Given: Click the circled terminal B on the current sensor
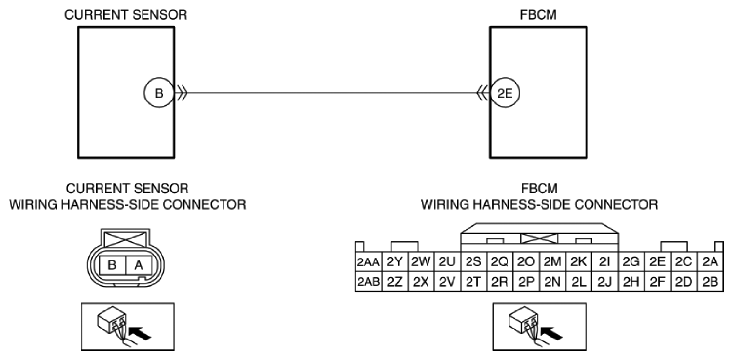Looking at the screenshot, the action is [x=159, y=93].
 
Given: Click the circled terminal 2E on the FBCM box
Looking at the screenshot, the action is [x=505, y=93].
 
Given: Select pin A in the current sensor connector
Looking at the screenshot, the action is [x=139, y=265].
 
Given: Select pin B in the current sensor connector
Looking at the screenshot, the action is [x=112, y=265].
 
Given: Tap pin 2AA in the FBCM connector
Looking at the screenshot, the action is [x=369, y=262].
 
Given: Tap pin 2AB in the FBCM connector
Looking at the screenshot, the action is [x=369, y=282].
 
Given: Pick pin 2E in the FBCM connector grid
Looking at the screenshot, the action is [x=657, y=262].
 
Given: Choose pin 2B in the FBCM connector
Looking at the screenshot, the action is [x=711, y=282].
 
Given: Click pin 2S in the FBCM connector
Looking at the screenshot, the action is [x=473, y=262].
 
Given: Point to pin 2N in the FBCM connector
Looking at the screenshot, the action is [x=552, y=282].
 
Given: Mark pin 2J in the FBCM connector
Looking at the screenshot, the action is [x=605, y=282].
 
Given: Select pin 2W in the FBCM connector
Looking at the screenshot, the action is [x=422, y=262].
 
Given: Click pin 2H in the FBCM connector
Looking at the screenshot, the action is [x=631, y=282].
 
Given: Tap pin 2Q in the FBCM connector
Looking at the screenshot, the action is [x=500, y=262].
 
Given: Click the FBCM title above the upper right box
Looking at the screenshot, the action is [x=539, y=15].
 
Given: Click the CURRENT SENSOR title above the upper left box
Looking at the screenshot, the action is [x=126, y=15].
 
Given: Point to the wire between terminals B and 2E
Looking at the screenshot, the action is [x=332, y=93].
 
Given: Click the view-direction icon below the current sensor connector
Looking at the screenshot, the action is [x=128, y=327].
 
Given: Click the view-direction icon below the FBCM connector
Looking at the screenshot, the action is [x=540, y=327].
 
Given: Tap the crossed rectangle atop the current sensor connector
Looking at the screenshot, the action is [x=125, y=239].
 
